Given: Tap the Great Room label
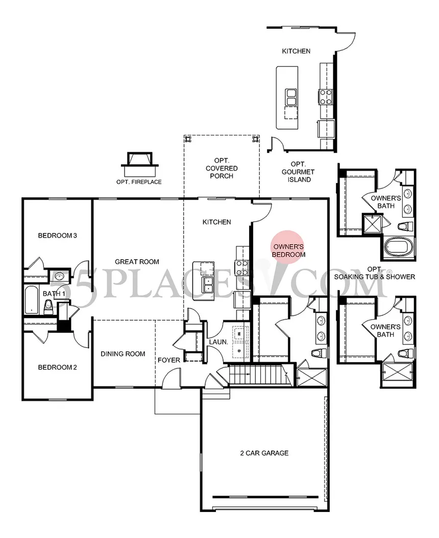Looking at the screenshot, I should pyautogui.click(x=137, y=262).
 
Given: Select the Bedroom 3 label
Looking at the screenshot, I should pyautogui.click(x=57, y=236).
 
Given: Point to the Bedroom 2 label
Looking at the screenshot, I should pyautogui.click(x=57, y=367).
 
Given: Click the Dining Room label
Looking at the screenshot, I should pyautogui.click(x=123, y=354).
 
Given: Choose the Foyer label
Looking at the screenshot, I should pyautogui.click(x=168, y=360).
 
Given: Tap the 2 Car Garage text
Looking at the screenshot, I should pyautogui.click(x=264, y=453).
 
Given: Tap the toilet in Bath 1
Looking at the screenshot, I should pyautogui.click(x=48, y=307).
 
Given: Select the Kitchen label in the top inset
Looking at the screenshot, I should pyautogui.click(x=296, y=51).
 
